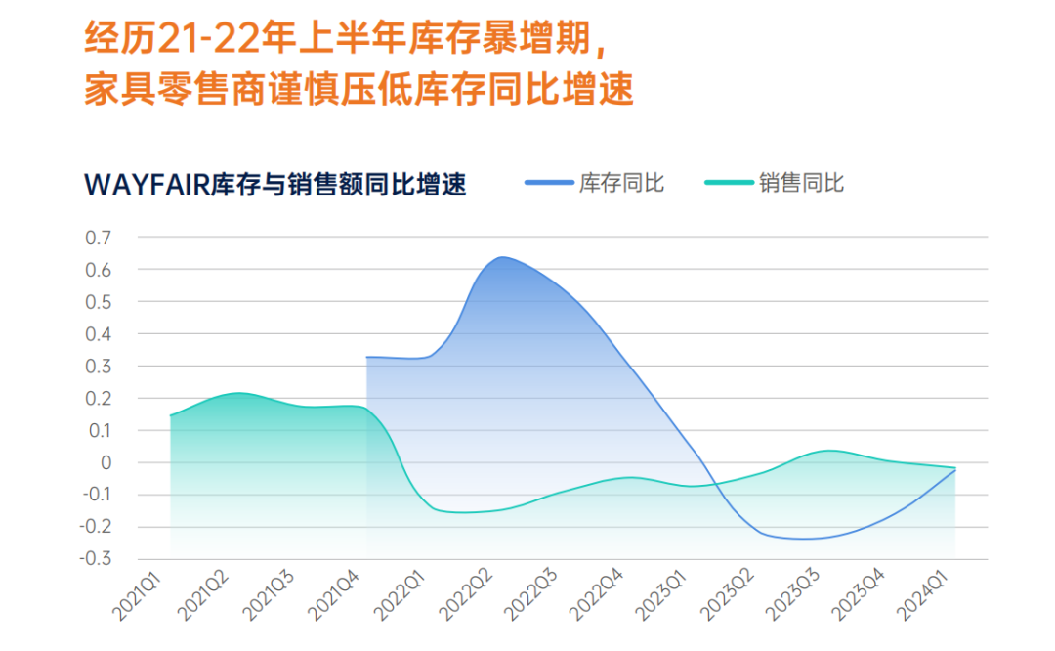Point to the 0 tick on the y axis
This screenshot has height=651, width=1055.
point(106,462)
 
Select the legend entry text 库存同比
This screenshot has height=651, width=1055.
point(621,183)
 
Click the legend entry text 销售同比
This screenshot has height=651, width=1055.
point(801,183)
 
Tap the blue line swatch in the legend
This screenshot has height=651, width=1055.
point(547,183)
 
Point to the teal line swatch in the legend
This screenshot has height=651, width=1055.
point(727,183)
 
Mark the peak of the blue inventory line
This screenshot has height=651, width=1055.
point(501,258)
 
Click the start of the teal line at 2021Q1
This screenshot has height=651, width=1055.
point(171,416)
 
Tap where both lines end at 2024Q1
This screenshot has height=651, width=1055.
point(954,469)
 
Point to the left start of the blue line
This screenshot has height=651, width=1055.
point(366,357)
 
